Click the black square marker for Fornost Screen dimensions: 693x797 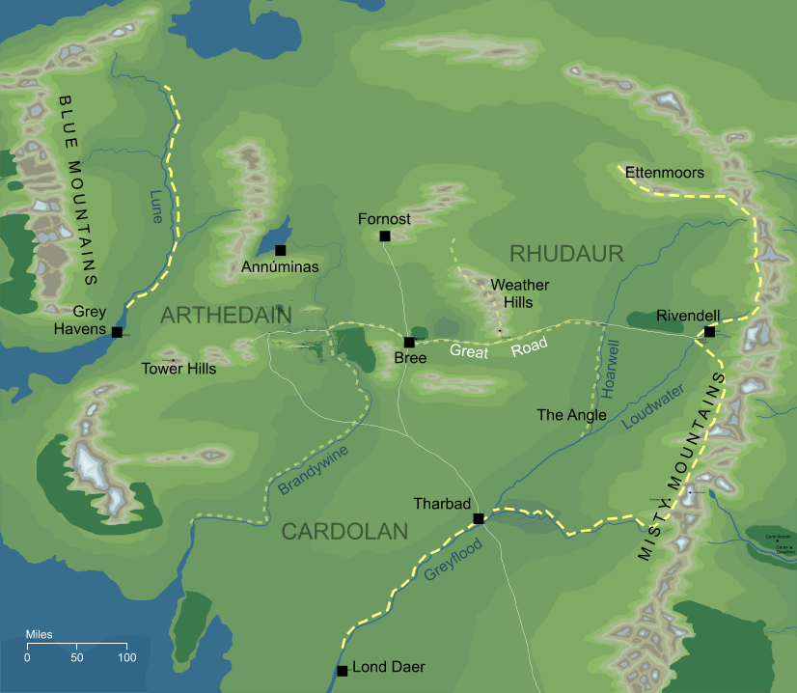[385, 236]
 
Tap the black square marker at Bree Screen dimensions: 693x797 [409, 343]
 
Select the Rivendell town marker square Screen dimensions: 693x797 [709, 332]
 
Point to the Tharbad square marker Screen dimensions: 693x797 [478, 519]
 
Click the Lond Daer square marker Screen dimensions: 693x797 [342, 671]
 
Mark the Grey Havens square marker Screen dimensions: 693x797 [117, 332]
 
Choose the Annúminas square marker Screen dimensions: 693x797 [280, 251]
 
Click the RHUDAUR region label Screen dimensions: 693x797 [566, 254]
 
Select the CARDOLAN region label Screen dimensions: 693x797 [344, 531]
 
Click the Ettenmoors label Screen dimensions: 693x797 [665, 173]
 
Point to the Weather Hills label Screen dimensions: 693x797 [520, 293]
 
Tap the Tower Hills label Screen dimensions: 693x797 [179, 369]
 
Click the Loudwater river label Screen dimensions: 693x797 [653, 406]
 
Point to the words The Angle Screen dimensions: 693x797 [571, 415]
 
